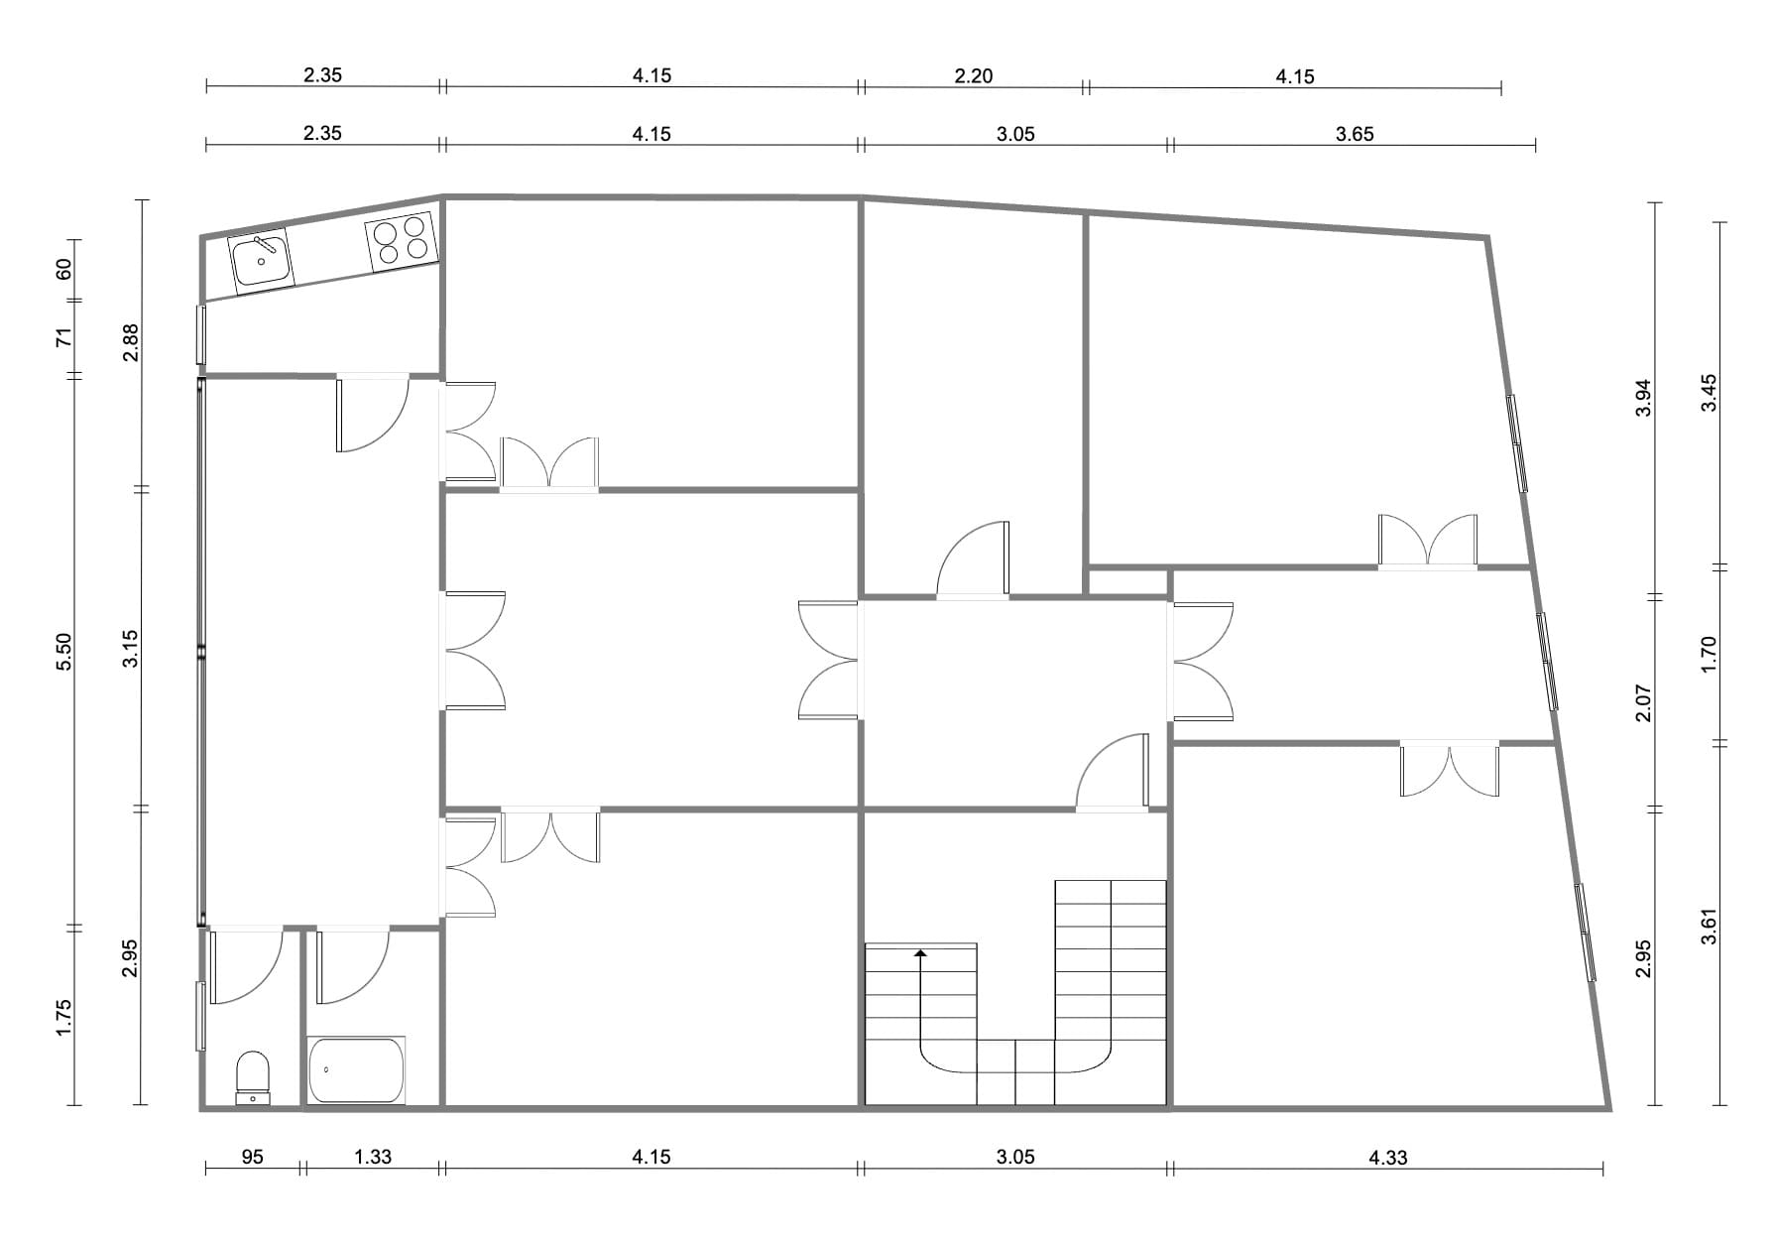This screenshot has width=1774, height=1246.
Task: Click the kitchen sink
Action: pyautogui.click(x=261, y=258)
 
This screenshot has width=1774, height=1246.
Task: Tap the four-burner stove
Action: pyautogui.click(x=402, y=241)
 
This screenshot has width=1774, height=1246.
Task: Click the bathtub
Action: pyautogui.click(x=356, y=1070)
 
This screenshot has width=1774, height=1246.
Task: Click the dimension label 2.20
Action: pyautogui.click(x=974, y=75)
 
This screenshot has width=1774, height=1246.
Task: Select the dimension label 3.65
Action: pyautogui.click(x=1355, y=134)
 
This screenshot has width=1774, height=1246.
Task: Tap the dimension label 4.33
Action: pyautogui.click(x=1387, y=1157)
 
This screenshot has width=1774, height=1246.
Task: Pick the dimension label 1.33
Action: pyautogui.click(x=373, y=1157)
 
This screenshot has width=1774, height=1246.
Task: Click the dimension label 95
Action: pyautogui.click(x=252, y=1157)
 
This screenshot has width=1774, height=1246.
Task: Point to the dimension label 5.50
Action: pyautogui.click(x=64, y=651)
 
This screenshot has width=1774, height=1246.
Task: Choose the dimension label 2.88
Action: pyautogui.click(x=130, y=343)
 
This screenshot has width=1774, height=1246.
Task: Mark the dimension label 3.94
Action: pyautogui.click(x=1643, y=398)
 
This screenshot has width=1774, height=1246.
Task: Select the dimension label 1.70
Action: pyautogui.click(x=1708, y=655)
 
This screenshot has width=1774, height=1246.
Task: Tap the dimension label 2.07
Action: pyautogui.click(x=1643, y=702)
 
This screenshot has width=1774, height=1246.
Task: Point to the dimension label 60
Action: pyautogui.click(x=64, y=269)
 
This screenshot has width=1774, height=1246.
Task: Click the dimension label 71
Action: pyautogui.click(x=64, y=337)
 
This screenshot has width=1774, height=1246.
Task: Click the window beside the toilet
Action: pyautogui.click(x=201, y=1015)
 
